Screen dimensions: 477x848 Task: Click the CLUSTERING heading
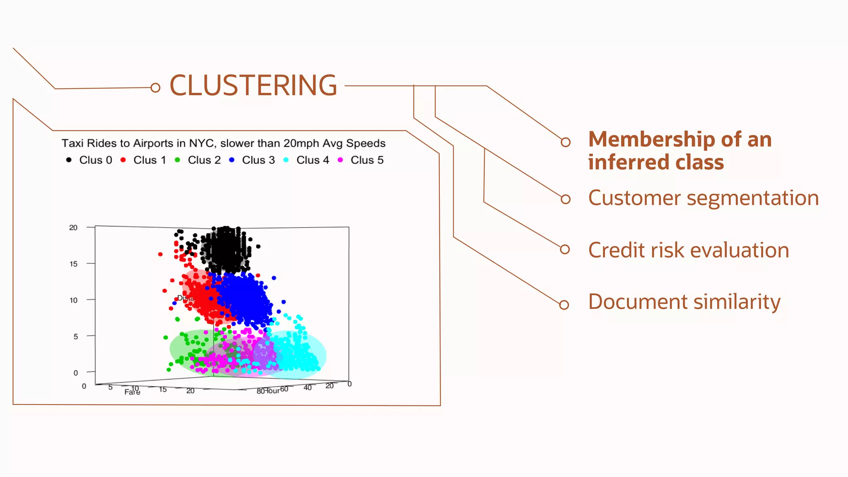tap(253, 86)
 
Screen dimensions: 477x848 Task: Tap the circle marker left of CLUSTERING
tap(155, 88)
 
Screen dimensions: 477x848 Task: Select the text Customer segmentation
tap(703, 198)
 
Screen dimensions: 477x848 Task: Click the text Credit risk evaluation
tap(688, 250)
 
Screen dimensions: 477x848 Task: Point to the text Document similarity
tap(684, 301)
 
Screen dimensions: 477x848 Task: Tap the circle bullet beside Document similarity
tap(564, 305)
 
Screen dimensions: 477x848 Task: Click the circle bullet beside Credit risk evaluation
tap(565, 249)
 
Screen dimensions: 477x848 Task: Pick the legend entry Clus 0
tap(95, 160)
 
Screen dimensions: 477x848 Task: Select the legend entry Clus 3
tap(258, 160)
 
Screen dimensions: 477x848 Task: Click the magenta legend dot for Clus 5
tap(340, 160)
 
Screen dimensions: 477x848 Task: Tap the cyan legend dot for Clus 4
tap(286, 160)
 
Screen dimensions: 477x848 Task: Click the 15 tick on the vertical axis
tap(74, 264)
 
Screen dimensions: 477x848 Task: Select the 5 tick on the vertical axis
tap(76, 337)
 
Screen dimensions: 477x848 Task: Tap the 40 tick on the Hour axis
tap(308, 388)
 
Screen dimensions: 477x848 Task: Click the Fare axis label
tap(132, 392)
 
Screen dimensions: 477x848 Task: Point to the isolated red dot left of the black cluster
tap(160, 254)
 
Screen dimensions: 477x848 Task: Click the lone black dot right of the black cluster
tap(258, 246)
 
